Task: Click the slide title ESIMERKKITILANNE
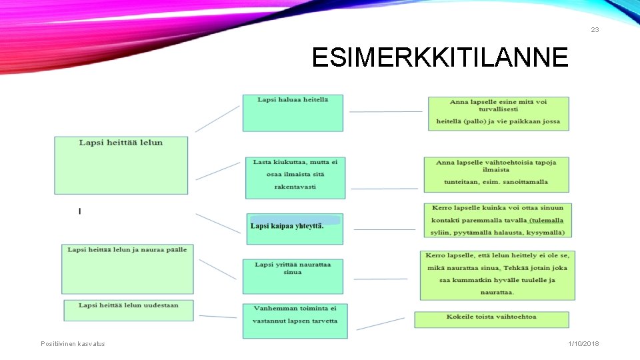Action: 440,58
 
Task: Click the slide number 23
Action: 595,30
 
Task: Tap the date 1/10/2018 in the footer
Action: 583,343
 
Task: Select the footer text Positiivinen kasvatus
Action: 73,343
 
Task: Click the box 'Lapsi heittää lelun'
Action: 121,165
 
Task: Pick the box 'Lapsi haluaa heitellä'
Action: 293,113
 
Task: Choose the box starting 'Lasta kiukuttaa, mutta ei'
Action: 295,178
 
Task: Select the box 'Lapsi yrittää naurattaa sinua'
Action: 293,276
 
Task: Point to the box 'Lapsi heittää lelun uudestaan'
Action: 129,310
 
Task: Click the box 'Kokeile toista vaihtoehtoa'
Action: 492,319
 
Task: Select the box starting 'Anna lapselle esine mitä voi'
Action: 498,113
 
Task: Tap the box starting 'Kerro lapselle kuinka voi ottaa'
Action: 497,220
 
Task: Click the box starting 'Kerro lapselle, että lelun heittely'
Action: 497,275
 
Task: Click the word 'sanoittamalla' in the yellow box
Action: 527,182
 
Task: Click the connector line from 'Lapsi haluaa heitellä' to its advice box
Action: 385,112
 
